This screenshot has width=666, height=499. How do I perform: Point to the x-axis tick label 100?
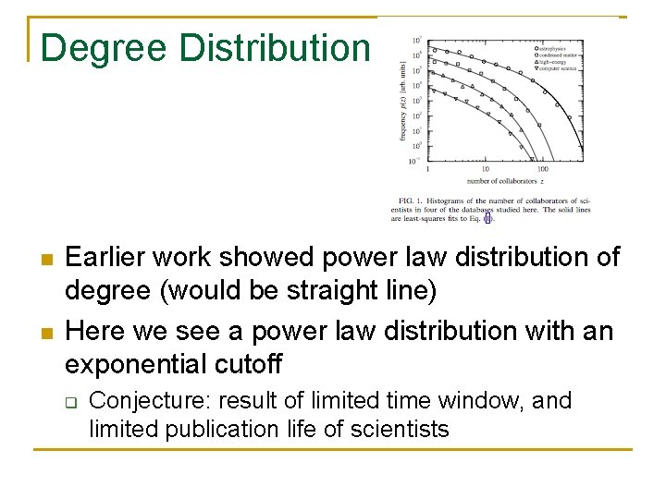pos(542,169)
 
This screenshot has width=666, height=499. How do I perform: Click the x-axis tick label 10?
pos(485,169)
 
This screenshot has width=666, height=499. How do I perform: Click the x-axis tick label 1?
pos(427,169)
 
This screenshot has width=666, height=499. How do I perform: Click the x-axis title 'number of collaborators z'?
pos(505,181)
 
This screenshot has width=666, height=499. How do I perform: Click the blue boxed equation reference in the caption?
pos(489,219)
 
